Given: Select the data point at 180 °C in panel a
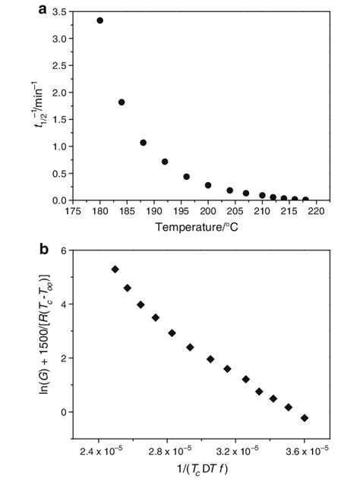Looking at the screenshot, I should tap(99, 20).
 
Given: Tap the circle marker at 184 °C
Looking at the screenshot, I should tap(122, 102).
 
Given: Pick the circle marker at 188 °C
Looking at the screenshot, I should tap(143, 143).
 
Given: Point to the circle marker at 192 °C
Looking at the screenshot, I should tap(165, 162).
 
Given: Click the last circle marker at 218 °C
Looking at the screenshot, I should tap(305, 200).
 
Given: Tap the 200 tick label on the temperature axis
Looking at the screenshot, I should tap(208, 212).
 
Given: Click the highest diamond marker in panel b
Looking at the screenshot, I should tap(115, 269).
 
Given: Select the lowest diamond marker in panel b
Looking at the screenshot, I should tap(305, 417).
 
